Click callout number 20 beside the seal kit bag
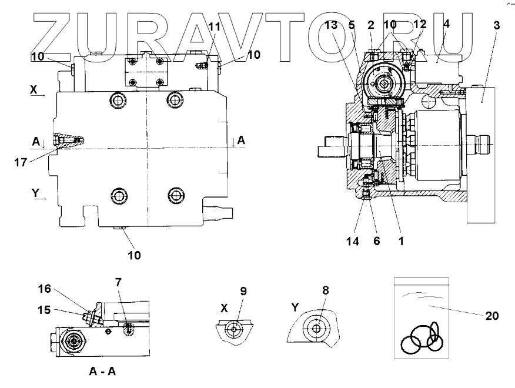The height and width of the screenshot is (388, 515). [x=491, y=316]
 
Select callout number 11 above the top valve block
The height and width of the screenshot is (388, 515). [x=214, y=27]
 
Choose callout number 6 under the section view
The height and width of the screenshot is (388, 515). [x=376, y=240]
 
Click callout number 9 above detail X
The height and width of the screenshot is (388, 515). [x=243, y=290]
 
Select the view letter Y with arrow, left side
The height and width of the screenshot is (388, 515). [x=35, y=192]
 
